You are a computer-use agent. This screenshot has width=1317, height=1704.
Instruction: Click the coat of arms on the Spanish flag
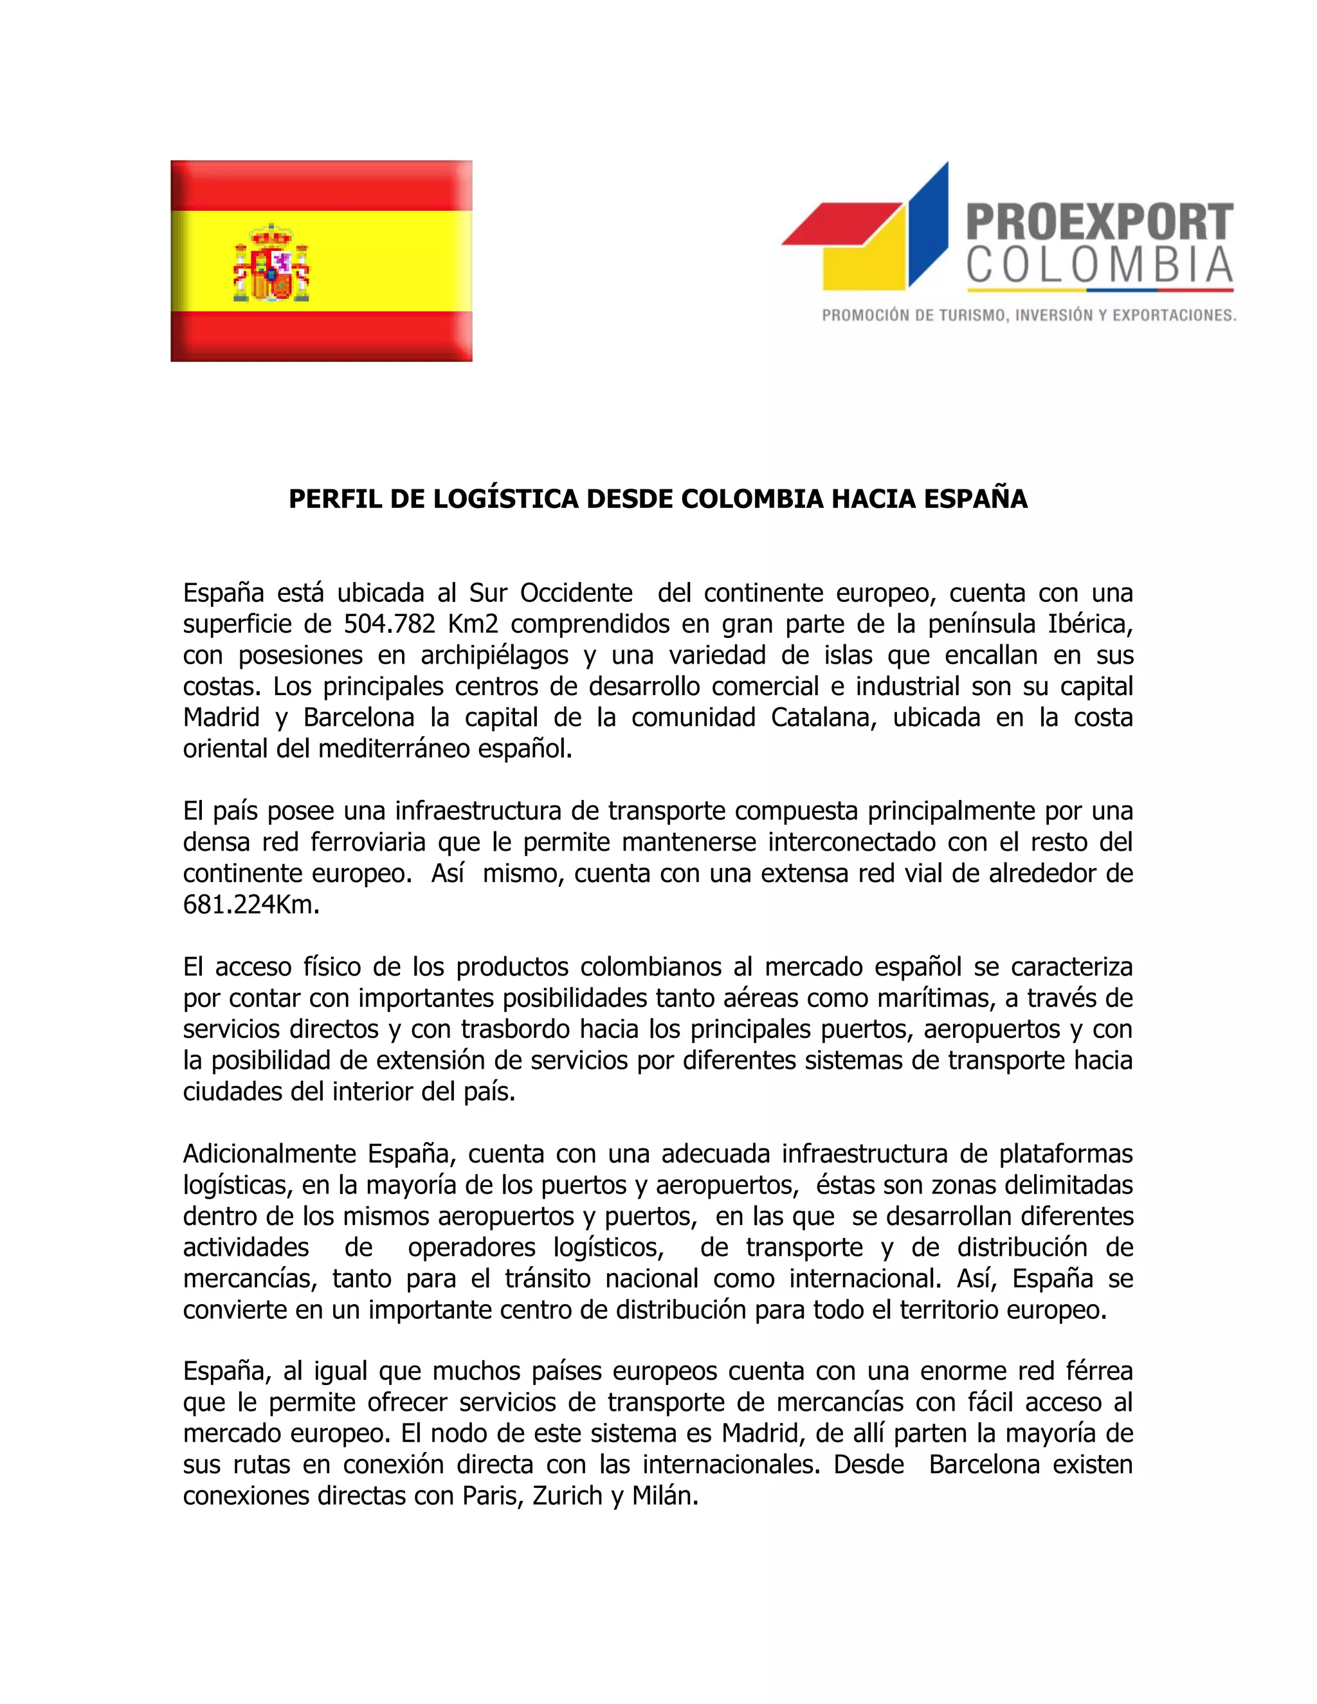[271, 264]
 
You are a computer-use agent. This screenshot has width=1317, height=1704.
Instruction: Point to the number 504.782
[388, 624]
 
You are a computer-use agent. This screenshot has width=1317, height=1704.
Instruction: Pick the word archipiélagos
[495, 655]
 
